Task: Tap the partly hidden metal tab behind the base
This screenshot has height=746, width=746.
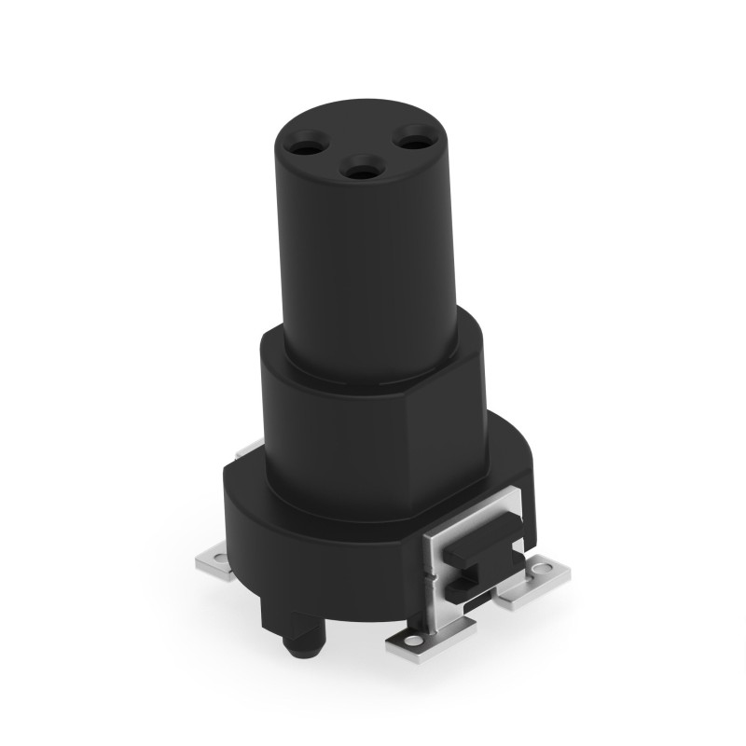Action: point(245,453)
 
